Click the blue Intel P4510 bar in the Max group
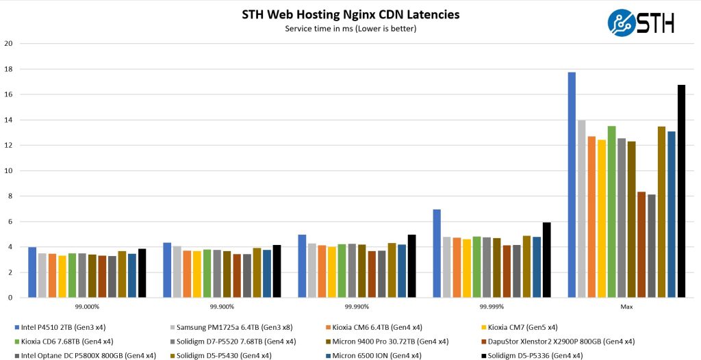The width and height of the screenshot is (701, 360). tap(572, 185)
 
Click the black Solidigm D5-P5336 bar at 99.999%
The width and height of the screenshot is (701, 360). tap(546, 260)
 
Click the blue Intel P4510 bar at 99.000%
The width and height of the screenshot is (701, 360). tap(32, 272)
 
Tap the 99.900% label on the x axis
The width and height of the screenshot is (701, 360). tap(221, 307)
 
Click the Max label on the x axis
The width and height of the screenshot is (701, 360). tap(626, 307)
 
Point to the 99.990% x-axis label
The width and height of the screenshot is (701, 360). tap(356, 307)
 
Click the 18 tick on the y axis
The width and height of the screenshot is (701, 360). tap(8, 69)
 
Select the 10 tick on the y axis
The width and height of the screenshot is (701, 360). tap(8, 171)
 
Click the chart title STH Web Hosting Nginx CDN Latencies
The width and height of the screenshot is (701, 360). tap(350, 14)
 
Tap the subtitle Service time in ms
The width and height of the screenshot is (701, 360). tap(350, 29)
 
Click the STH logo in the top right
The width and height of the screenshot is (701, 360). tap(641, 22)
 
